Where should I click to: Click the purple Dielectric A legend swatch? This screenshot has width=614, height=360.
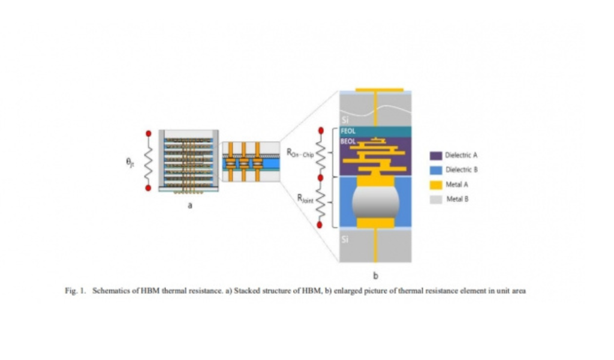[x=436, y=155]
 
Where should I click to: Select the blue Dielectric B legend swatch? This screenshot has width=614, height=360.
[x=436, y=170]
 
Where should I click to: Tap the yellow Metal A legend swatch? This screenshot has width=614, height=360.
[x=436, y=185]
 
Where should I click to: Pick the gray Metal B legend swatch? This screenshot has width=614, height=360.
[x=436, y=199]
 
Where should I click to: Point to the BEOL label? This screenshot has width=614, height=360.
[x=348, y=142]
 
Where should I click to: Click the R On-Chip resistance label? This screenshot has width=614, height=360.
[x=300, y=152]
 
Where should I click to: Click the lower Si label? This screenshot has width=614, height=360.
[x=345, y=239]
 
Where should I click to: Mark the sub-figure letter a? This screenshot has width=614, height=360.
[x=189, y=206]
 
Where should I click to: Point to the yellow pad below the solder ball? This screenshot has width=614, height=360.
[x=375, y=223]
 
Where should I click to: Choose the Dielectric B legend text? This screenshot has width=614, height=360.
[x=461, y=170]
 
